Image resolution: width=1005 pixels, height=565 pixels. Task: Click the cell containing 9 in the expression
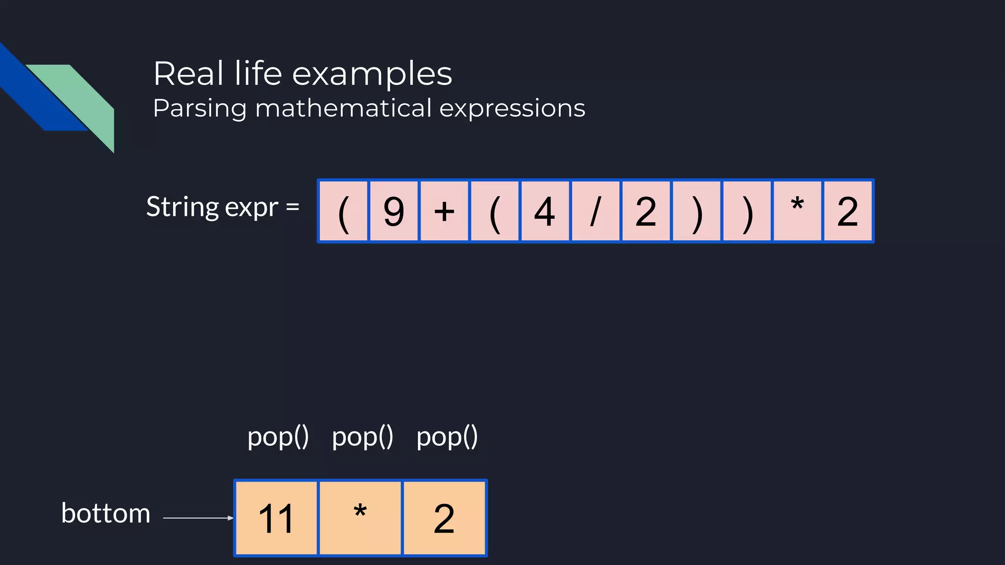(394, 211)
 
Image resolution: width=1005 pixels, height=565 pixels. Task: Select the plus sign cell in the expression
(444, 211)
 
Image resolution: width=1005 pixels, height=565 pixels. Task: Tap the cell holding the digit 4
(545, 211)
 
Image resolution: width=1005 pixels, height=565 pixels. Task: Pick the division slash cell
(595, 211)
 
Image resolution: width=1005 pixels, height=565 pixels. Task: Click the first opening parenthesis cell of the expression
(344, 211)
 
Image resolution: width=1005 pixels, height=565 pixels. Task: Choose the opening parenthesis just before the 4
(495, 211)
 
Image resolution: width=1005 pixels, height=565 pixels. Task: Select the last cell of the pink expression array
(847, 211)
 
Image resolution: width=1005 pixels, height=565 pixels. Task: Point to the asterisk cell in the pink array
(797, 211)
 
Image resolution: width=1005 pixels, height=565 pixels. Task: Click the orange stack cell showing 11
(276, 518)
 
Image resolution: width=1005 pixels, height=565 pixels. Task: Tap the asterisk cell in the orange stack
(360, 518)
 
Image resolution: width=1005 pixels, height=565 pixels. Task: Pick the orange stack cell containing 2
(444, 518)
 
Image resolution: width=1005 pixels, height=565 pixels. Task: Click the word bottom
(106, 514)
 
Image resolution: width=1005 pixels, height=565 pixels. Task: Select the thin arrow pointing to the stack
(197, 518)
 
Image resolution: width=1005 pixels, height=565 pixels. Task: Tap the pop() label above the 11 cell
(278, 437)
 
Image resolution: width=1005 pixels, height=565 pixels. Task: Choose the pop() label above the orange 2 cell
(447, 437)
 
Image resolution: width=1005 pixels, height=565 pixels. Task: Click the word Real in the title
(189, 74)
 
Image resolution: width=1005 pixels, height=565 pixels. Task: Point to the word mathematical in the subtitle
(344, 108)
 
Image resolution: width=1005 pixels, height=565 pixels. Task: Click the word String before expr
(182, 207)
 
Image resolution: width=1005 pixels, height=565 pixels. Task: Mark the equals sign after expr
(292, 207)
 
